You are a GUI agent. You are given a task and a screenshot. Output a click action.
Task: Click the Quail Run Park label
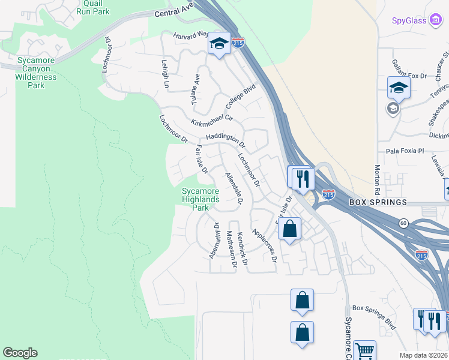pos(93,7)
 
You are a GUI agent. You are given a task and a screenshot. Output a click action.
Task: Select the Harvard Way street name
pos(190,36)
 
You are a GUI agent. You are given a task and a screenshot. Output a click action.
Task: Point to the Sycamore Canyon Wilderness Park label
pos(36,73)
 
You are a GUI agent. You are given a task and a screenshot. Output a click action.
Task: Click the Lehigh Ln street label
pos(165,74)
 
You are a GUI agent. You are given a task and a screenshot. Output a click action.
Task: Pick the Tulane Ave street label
pos(195,90)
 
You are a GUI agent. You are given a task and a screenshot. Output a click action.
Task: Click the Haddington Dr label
pos(225,140)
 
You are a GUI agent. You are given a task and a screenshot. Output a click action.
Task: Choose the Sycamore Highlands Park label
pos(201,199)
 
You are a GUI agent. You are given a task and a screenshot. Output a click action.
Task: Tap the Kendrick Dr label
pos(242,249)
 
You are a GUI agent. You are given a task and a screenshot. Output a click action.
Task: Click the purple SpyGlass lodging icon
pos(437,21)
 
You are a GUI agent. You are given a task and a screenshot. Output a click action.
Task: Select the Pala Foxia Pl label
pos(405,151)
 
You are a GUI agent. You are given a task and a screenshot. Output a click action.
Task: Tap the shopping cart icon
pos(364,350)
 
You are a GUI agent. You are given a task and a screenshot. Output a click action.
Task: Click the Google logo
pos(20,353)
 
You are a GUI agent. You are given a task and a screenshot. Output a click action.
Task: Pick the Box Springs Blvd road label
pos(375,316)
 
